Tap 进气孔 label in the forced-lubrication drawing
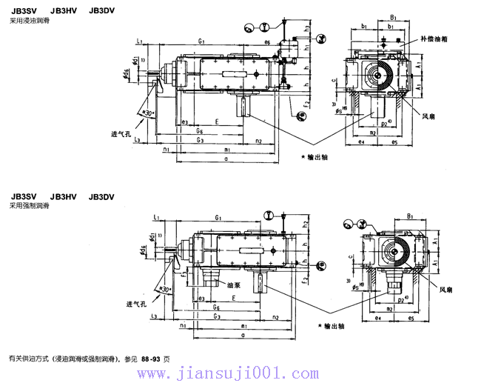tap(137, 304)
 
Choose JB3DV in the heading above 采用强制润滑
tap(101, 196)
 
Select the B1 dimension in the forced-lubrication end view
tap(410, 217)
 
